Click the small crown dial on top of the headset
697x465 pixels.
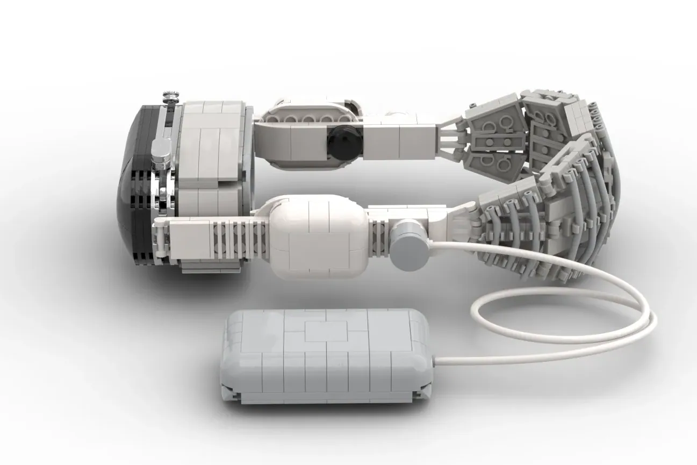point(170,97)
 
